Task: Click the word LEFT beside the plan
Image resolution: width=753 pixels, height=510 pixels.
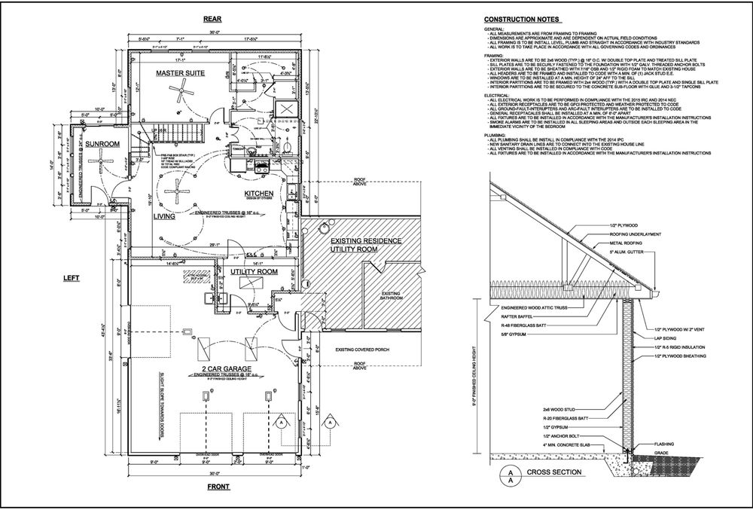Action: (x=71, y=279)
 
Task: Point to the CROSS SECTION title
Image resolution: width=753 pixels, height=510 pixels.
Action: (x=556, y=473)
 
